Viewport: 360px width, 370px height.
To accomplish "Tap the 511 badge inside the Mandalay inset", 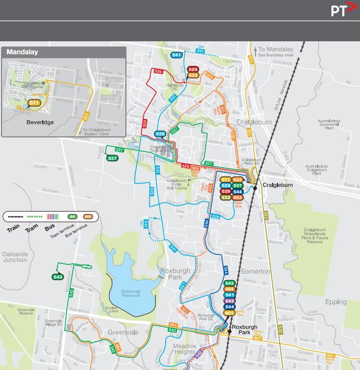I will (34, 103).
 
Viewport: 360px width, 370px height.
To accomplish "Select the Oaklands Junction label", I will (15, 257).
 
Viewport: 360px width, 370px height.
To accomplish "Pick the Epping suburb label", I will (335, 302).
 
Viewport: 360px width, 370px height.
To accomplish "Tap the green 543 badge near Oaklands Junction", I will (58, 276).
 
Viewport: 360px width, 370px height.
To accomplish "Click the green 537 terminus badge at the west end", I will (112, 158).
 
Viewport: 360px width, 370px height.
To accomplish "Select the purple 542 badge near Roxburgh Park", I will (229, 301).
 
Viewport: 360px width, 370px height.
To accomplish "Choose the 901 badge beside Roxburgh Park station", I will (229, 313).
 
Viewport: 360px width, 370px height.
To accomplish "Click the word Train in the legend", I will (14, 229).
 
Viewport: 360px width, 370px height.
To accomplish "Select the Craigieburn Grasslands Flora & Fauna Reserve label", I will (316, 236).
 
